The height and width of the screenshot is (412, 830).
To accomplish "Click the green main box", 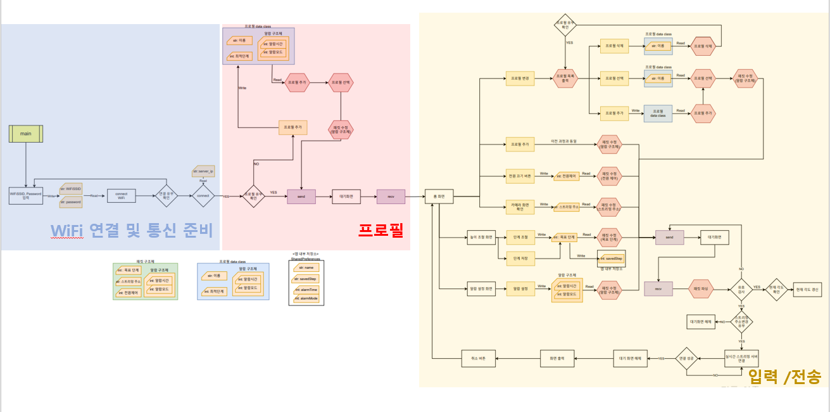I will pyautogui.click(x=25, y=134).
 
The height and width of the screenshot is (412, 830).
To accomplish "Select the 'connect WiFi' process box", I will pyautogui.click(x=121, y=196).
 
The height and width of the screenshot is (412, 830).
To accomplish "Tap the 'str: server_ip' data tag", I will pyautogui.click(x=203, y=172).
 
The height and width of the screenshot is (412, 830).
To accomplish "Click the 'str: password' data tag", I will pyautogui.click(x=72, y=202).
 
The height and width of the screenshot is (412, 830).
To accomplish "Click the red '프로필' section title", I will pyautogui.click(x=381, y=229).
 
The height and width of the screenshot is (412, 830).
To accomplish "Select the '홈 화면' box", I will pyautogui.click(x=439, y=196).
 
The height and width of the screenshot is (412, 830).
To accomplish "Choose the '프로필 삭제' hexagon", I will pyautogui.click(x=705, y=46).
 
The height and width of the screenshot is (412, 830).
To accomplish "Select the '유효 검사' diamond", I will pyautogui.click(x=741, y=288).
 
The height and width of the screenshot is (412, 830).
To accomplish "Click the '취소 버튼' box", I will pyautogui.click(x=478, y=359).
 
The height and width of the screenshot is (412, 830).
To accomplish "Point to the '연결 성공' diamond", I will pyautogui.click(x=686, y=359).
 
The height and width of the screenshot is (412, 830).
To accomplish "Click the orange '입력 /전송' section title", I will pyautogui.click(x=784, y=377).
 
